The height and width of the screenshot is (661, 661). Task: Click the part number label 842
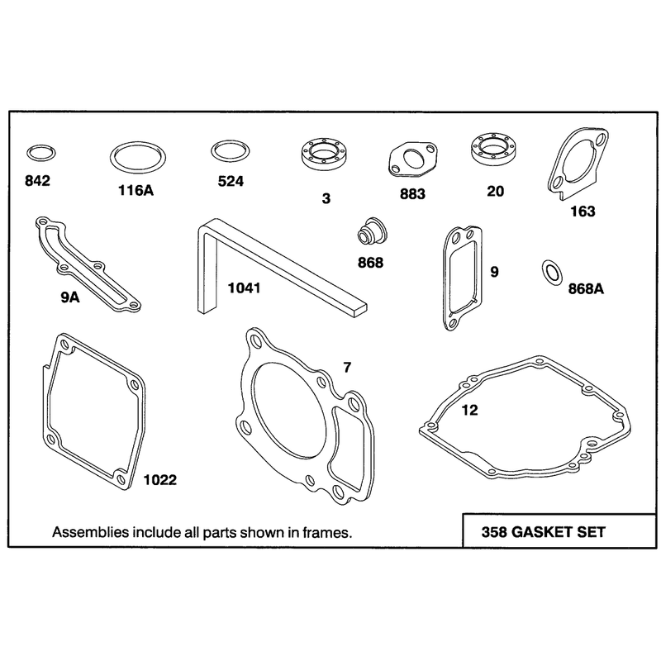37,181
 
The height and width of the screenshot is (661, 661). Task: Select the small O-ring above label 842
40,146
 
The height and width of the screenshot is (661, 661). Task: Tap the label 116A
136,191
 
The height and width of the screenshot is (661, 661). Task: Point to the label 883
412,194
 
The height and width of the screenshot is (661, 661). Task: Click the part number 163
583,212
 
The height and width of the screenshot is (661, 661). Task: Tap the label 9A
70,297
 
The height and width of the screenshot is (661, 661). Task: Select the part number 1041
244,288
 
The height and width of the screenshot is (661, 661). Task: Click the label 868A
586,288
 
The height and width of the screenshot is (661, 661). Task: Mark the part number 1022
159,480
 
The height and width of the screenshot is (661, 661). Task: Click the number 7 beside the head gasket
347,368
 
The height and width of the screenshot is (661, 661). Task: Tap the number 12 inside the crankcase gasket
469,410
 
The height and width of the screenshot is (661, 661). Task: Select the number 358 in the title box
494,532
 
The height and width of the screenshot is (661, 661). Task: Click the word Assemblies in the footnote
90,533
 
